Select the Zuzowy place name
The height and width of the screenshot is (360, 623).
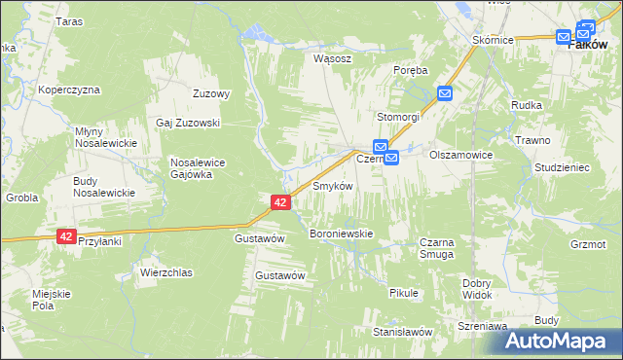coord(211,94)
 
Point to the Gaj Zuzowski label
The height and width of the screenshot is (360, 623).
coord(189,124)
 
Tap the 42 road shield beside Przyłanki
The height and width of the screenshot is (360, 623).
coord(66,236)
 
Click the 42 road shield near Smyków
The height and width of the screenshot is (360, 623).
coord(279,201)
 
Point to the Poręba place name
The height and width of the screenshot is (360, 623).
coord(410,70)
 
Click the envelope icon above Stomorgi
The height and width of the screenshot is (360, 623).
coord(445,93)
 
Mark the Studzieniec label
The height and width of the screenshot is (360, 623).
coord(563,167)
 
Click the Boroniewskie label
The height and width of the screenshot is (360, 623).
coord(341,234)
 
